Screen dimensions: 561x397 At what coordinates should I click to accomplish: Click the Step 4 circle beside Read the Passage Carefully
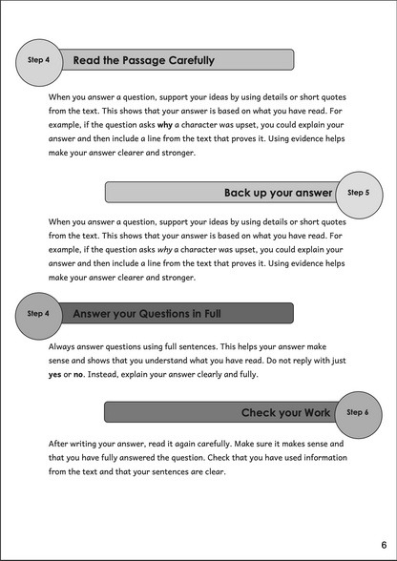(x=39, y=59)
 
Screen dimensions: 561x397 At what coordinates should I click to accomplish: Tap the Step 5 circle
(x=359, y=192)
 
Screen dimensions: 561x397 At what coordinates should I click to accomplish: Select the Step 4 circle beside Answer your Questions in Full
(x=39, y=313)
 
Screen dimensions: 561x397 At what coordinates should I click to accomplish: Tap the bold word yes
(x=56, y=375)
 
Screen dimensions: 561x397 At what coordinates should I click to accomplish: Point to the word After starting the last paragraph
(x=61, y=445)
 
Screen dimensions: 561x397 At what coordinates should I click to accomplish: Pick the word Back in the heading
(x=240, y=193)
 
